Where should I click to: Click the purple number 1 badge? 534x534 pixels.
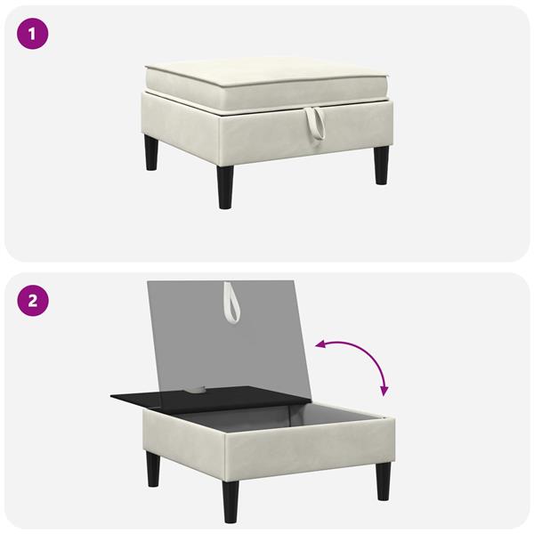pyautogui.click(x=32, y=34)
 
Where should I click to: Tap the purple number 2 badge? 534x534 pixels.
pyautogui.click(x=33, y=301)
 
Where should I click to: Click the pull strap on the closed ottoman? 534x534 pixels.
pyautogui.click(x=315, y=124)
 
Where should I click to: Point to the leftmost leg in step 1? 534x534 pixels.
pyautogui.click(x=151, y=152)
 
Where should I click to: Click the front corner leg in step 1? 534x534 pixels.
pyautogui.click(x=225, y=187)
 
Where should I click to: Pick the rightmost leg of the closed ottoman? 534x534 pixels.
pyautogui.click(x=381, y=166)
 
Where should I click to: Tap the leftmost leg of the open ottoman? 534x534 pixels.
pyautogui.click(x=153, y=469)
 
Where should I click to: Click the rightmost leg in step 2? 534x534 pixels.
pyautogui.click(x=384, y=481)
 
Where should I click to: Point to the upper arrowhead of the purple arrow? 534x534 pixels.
pyautogui.click(x=320, y=345)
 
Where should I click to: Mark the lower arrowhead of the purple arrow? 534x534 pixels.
pyautogui.click(x=384, y=392)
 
